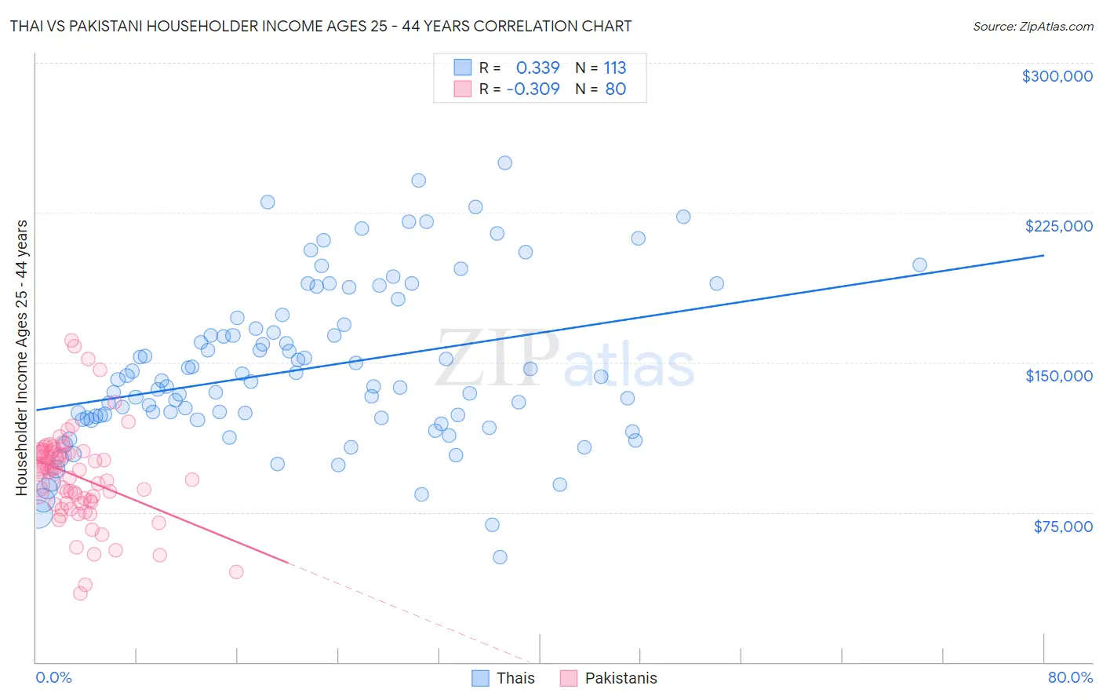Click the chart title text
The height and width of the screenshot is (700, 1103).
click(321, 27)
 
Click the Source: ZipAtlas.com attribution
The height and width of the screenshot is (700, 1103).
click(1032, 27)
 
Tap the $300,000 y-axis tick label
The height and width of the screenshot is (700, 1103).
click(1057, 76)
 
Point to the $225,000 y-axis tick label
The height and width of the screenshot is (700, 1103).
click(1058, 226)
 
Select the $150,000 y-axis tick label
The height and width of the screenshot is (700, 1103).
click(1058, 376)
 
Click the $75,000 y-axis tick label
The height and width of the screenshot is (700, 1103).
click(1062, 527)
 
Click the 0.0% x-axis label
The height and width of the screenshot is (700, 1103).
click(53, 677)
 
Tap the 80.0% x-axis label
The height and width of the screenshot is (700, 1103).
click(1070, 677)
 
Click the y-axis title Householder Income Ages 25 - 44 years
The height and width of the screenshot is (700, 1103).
click(22, 358)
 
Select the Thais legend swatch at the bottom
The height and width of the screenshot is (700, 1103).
click(480, 678)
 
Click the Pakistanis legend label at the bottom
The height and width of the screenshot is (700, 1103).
click(621, 678)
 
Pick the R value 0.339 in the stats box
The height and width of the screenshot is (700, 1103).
click(537, 68)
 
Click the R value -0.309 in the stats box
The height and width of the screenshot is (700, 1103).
click(533, 89)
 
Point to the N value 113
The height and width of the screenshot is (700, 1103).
click(614, 68)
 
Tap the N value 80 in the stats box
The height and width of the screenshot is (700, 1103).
click(615, 89)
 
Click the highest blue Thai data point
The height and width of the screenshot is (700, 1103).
click(505, 163)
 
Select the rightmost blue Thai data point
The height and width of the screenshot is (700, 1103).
click(919, 265)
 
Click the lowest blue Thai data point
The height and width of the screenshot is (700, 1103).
click(500, 557)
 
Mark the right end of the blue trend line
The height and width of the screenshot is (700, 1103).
click(1043, 255)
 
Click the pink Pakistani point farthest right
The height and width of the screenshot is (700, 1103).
click(236, 572)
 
